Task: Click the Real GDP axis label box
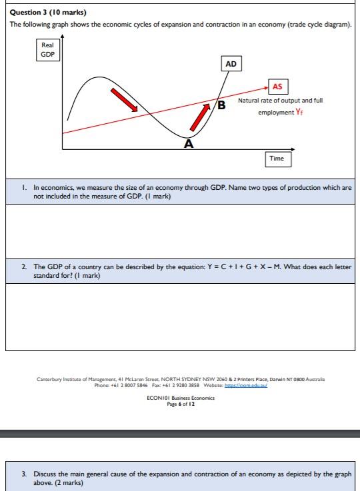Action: [47, 49]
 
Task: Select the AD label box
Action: [231, 64]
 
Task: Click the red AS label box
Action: [277, 87]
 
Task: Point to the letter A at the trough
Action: [189, 143]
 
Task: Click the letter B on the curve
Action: [223, 105]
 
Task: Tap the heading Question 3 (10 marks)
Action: [49, 12]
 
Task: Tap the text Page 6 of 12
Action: [181, 403]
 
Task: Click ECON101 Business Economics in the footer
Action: [181, 398]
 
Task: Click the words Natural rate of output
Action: [267, 101]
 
